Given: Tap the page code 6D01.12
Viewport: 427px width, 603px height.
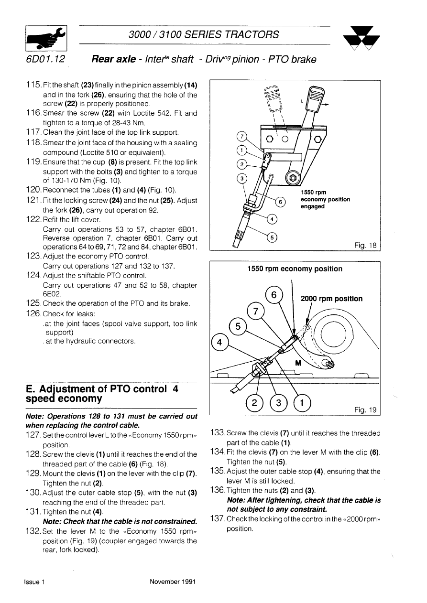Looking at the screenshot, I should coord(46,60).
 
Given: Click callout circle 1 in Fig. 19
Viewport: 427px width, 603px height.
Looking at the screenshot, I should coord(302,402).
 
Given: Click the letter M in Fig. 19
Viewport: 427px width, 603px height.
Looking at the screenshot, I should coord(299,363).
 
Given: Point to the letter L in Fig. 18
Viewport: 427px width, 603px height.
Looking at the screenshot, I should coord(302,102).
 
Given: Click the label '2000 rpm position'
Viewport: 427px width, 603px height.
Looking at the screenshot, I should coord(331,299).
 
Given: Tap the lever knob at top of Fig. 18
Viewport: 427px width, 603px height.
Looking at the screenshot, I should coord(316,100).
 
